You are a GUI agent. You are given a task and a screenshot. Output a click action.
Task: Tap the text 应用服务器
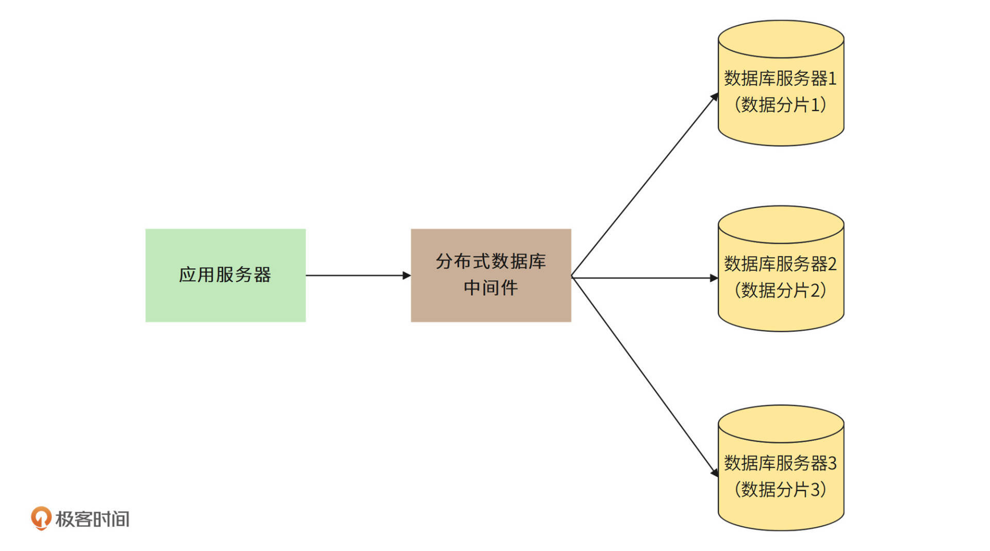tap(225, 274)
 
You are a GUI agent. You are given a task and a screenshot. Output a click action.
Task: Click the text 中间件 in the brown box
tap(490, 288)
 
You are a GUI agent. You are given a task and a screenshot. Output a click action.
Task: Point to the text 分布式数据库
tap(490, 262)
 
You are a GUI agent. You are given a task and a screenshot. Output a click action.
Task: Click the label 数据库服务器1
tap(780, 78)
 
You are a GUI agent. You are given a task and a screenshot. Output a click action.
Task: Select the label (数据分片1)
tap(780, 105)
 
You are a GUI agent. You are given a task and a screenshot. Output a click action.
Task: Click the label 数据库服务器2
tap(780, 264)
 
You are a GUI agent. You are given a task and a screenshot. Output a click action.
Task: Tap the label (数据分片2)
tap(780, 290)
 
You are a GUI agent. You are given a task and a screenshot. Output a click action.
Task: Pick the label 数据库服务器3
tap(780, 463)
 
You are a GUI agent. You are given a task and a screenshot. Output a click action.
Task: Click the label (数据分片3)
tap(780, 489)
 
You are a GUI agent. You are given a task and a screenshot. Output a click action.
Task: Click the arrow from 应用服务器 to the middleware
tap(356, 275)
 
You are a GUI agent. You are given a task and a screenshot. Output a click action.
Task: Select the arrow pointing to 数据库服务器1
tap(645, 186)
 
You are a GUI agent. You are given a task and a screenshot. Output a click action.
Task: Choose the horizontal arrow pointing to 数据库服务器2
tap(645, 278)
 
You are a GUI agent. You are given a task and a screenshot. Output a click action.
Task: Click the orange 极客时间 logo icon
tap(41, 518)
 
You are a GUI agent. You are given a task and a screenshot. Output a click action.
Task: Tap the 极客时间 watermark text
tap(92, 519)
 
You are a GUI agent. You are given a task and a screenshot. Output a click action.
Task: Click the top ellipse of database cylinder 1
tap(781, 39)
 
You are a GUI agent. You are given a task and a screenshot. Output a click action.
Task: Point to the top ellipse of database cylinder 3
tap(781, 424)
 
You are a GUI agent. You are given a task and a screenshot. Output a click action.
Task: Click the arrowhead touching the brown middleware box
tap(407, 275)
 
